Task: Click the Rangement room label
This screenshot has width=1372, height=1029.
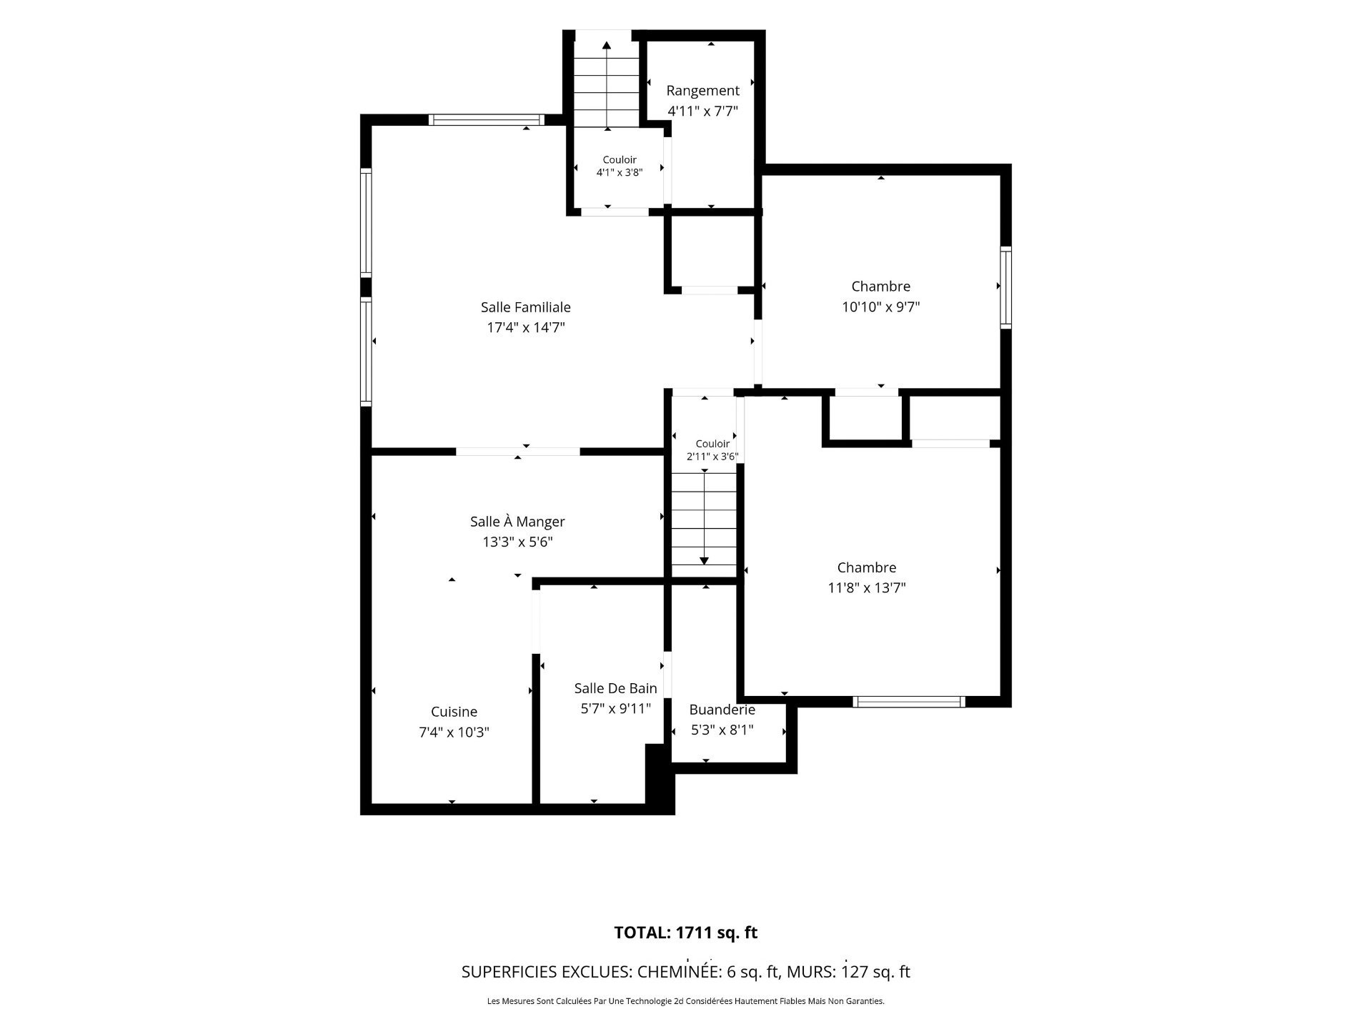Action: click(702, 91)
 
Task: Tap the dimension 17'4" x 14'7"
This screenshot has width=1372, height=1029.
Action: click(526, 328)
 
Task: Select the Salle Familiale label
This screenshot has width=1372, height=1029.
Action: click(526, 307)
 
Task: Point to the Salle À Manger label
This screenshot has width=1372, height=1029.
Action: click(517, 522)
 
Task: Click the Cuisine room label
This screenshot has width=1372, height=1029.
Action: click(454, 712)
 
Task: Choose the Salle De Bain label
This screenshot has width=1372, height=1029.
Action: click(616, 688)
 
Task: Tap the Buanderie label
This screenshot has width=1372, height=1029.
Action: click(722, 710)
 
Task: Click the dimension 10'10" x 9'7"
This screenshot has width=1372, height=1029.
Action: click(880, 307)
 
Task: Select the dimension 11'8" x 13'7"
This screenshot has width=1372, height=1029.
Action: click(867, 588)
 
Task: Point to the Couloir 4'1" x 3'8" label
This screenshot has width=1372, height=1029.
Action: click(620, 166)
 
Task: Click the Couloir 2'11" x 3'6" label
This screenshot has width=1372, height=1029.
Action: click(712, 450)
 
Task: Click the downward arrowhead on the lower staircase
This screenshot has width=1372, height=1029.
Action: click(704, 561)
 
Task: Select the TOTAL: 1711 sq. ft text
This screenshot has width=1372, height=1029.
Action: click(686, 933)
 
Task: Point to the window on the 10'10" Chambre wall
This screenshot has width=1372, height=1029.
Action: click(1006, 287)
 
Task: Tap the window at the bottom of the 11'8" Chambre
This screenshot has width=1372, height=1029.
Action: click(909, 702)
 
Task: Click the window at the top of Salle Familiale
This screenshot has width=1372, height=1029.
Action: click(487, 119)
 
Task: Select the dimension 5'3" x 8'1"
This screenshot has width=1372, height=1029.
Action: click(722, 730)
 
